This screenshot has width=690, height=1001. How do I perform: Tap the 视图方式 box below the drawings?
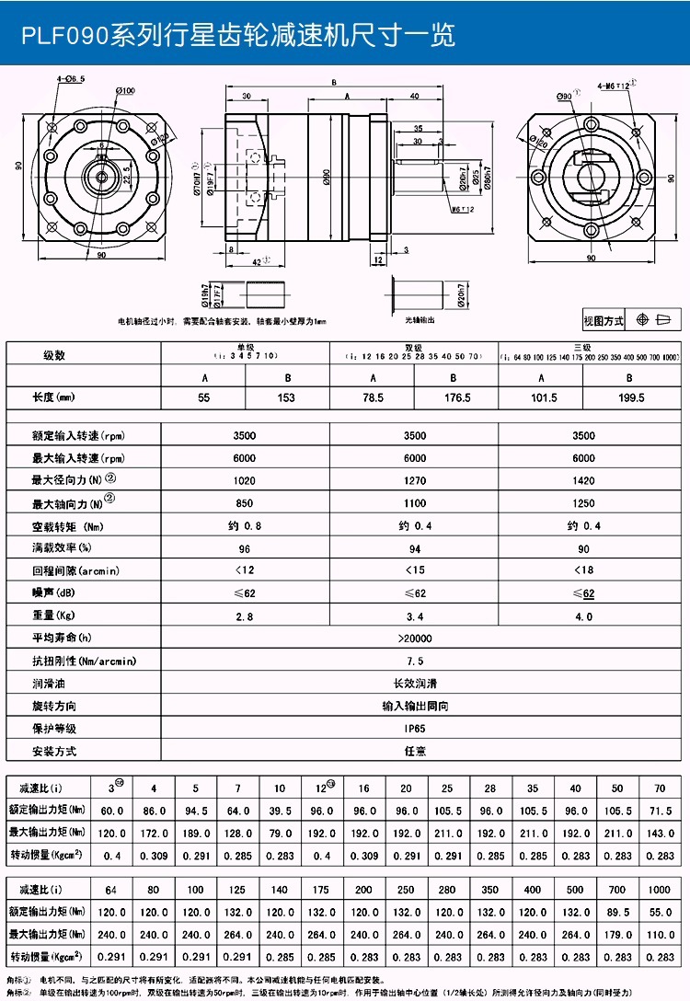click(x=604, y=320)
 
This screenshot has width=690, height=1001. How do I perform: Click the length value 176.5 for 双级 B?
click(x=456, y=397)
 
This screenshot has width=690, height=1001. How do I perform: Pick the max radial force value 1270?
click(x=415, y=480)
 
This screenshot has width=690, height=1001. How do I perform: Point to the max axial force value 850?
click(x=246, y=503)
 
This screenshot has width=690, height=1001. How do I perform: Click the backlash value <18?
click(x=583, y=570)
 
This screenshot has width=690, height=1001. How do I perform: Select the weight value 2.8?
click(x=246, y=616)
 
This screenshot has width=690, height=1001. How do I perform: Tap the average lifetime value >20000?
click(x=415, y=638)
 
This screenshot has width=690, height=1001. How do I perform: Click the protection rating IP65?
click(x=415, y=728)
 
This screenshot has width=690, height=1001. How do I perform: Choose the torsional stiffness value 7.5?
click(x=415, y=661)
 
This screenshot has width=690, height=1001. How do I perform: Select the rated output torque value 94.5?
click(x=196, y=811)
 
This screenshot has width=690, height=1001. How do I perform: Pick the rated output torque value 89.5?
click(x=618, y=914)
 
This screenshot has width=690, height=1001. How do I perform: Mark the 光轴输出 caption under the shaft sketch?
click(x=420, y=320)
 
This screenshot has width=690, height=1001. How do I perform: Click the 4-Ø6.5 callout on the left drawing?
click(x=71, y=79)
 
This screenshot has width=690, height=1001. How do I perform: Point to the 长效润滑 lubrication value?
click(x=415, y=684)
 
